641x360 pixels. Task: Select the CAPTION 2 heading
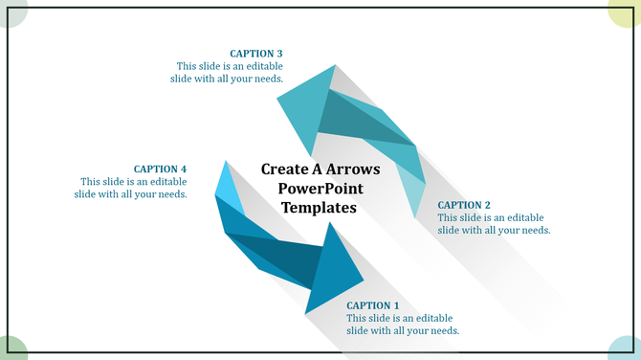[x=464, y=205]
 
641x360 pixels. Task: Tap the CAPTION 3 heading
[x=256, y=54]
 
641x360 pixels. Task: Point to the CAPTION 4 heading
[x=160, y=169]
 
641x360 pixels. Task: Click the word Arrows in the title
[x=348, y=169]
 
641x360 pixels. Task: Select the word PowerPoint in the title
[x=320, y=188]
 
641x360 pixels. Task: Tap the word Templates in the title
[x=320, y=207]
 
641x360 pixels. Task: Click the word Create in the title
[x=284, y=169]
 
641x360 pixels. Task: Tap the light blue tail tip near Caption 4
[x=228, y=183]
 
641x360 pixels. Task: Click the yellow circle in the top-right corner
[x=628, y=11]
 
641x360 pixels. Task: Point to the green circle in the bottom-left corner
[x=11, y=349]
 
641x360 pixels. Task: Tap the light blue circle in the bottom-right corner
[x=628, y=349]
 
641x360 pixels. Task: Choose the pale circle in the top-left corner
[x=11, y=11]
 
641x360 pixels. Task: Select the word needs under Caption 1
[x=441, y=330]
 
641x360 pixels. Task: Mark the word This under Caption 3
[x=188, y=66]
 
